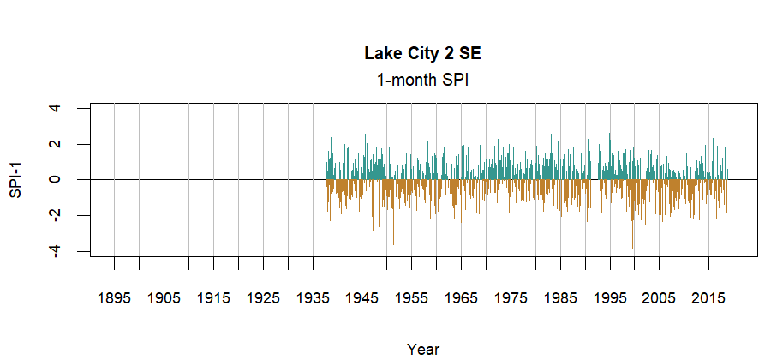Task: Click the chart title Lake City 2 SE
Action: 423,54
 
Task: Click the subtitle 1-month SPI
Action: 423,80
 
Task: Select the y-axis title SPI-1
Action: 15,180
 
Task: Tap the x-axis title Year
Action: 423,349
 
